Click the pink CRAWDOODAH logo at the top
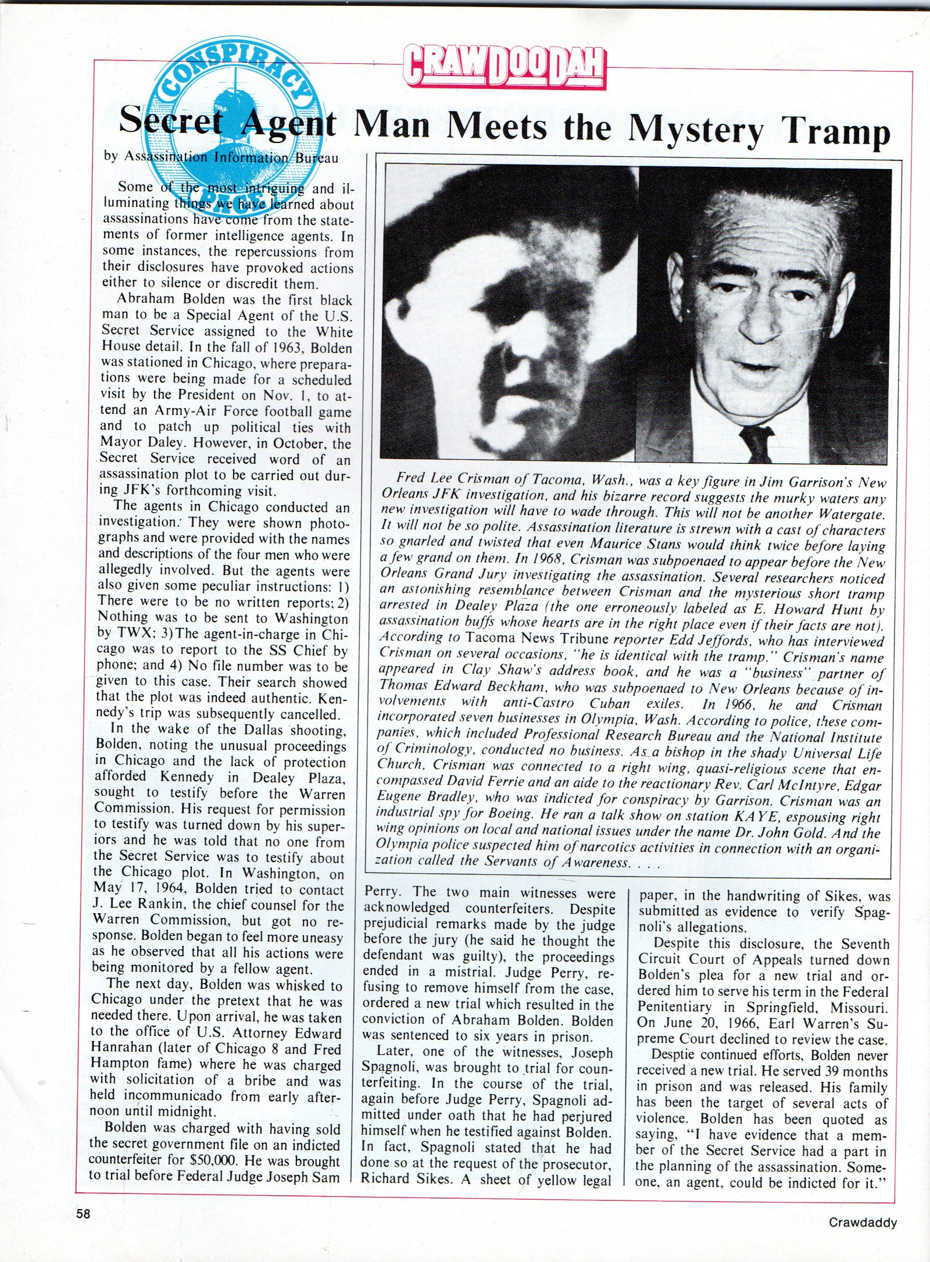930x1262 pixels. click(505, 69)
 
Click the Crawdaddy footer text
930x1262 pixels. click(863, 1222)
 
